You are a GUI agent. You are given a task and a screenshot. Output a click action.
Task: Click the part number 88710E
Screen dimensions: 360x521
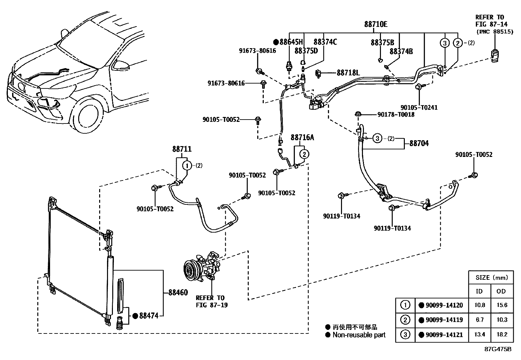point(375,24)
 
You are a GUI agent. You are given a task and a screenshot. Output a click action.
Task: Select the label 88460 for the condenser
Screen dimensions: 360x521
point(178,293)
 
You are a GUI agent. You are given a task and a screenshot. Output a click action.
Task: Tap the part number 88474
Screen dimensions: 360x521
point(149,316)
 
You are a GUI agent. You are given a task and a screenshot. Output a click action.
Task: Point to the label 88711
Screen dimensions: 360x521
point(182,149)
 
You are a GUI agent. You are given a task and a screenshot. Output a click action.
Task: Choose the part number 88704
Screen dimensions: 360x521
point(419,143)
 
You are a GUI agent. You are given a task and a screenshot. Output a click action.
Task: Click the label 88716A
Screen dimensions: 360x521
point(302,138)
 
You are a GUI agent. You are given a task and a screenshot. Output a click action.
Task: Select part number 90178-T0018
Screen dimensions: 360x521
point(396,114)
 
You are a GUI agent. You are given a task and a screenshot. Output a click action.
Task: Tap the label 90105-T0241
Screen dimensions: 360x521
point(419,107)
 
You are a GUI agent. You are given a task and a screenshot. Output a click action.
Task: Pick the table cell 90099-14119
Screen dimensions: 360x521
point(444,320)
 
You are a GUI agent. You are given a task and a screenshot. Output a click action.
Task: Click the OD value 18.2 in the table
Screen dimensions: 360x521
point(501,334)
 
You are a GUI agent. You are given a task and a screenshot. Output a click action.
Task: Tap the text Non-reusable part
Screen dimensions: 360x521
point(359,335)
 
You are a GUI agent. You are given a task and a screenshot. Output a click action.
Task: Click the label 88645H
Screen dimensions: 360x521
point(291,42)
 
